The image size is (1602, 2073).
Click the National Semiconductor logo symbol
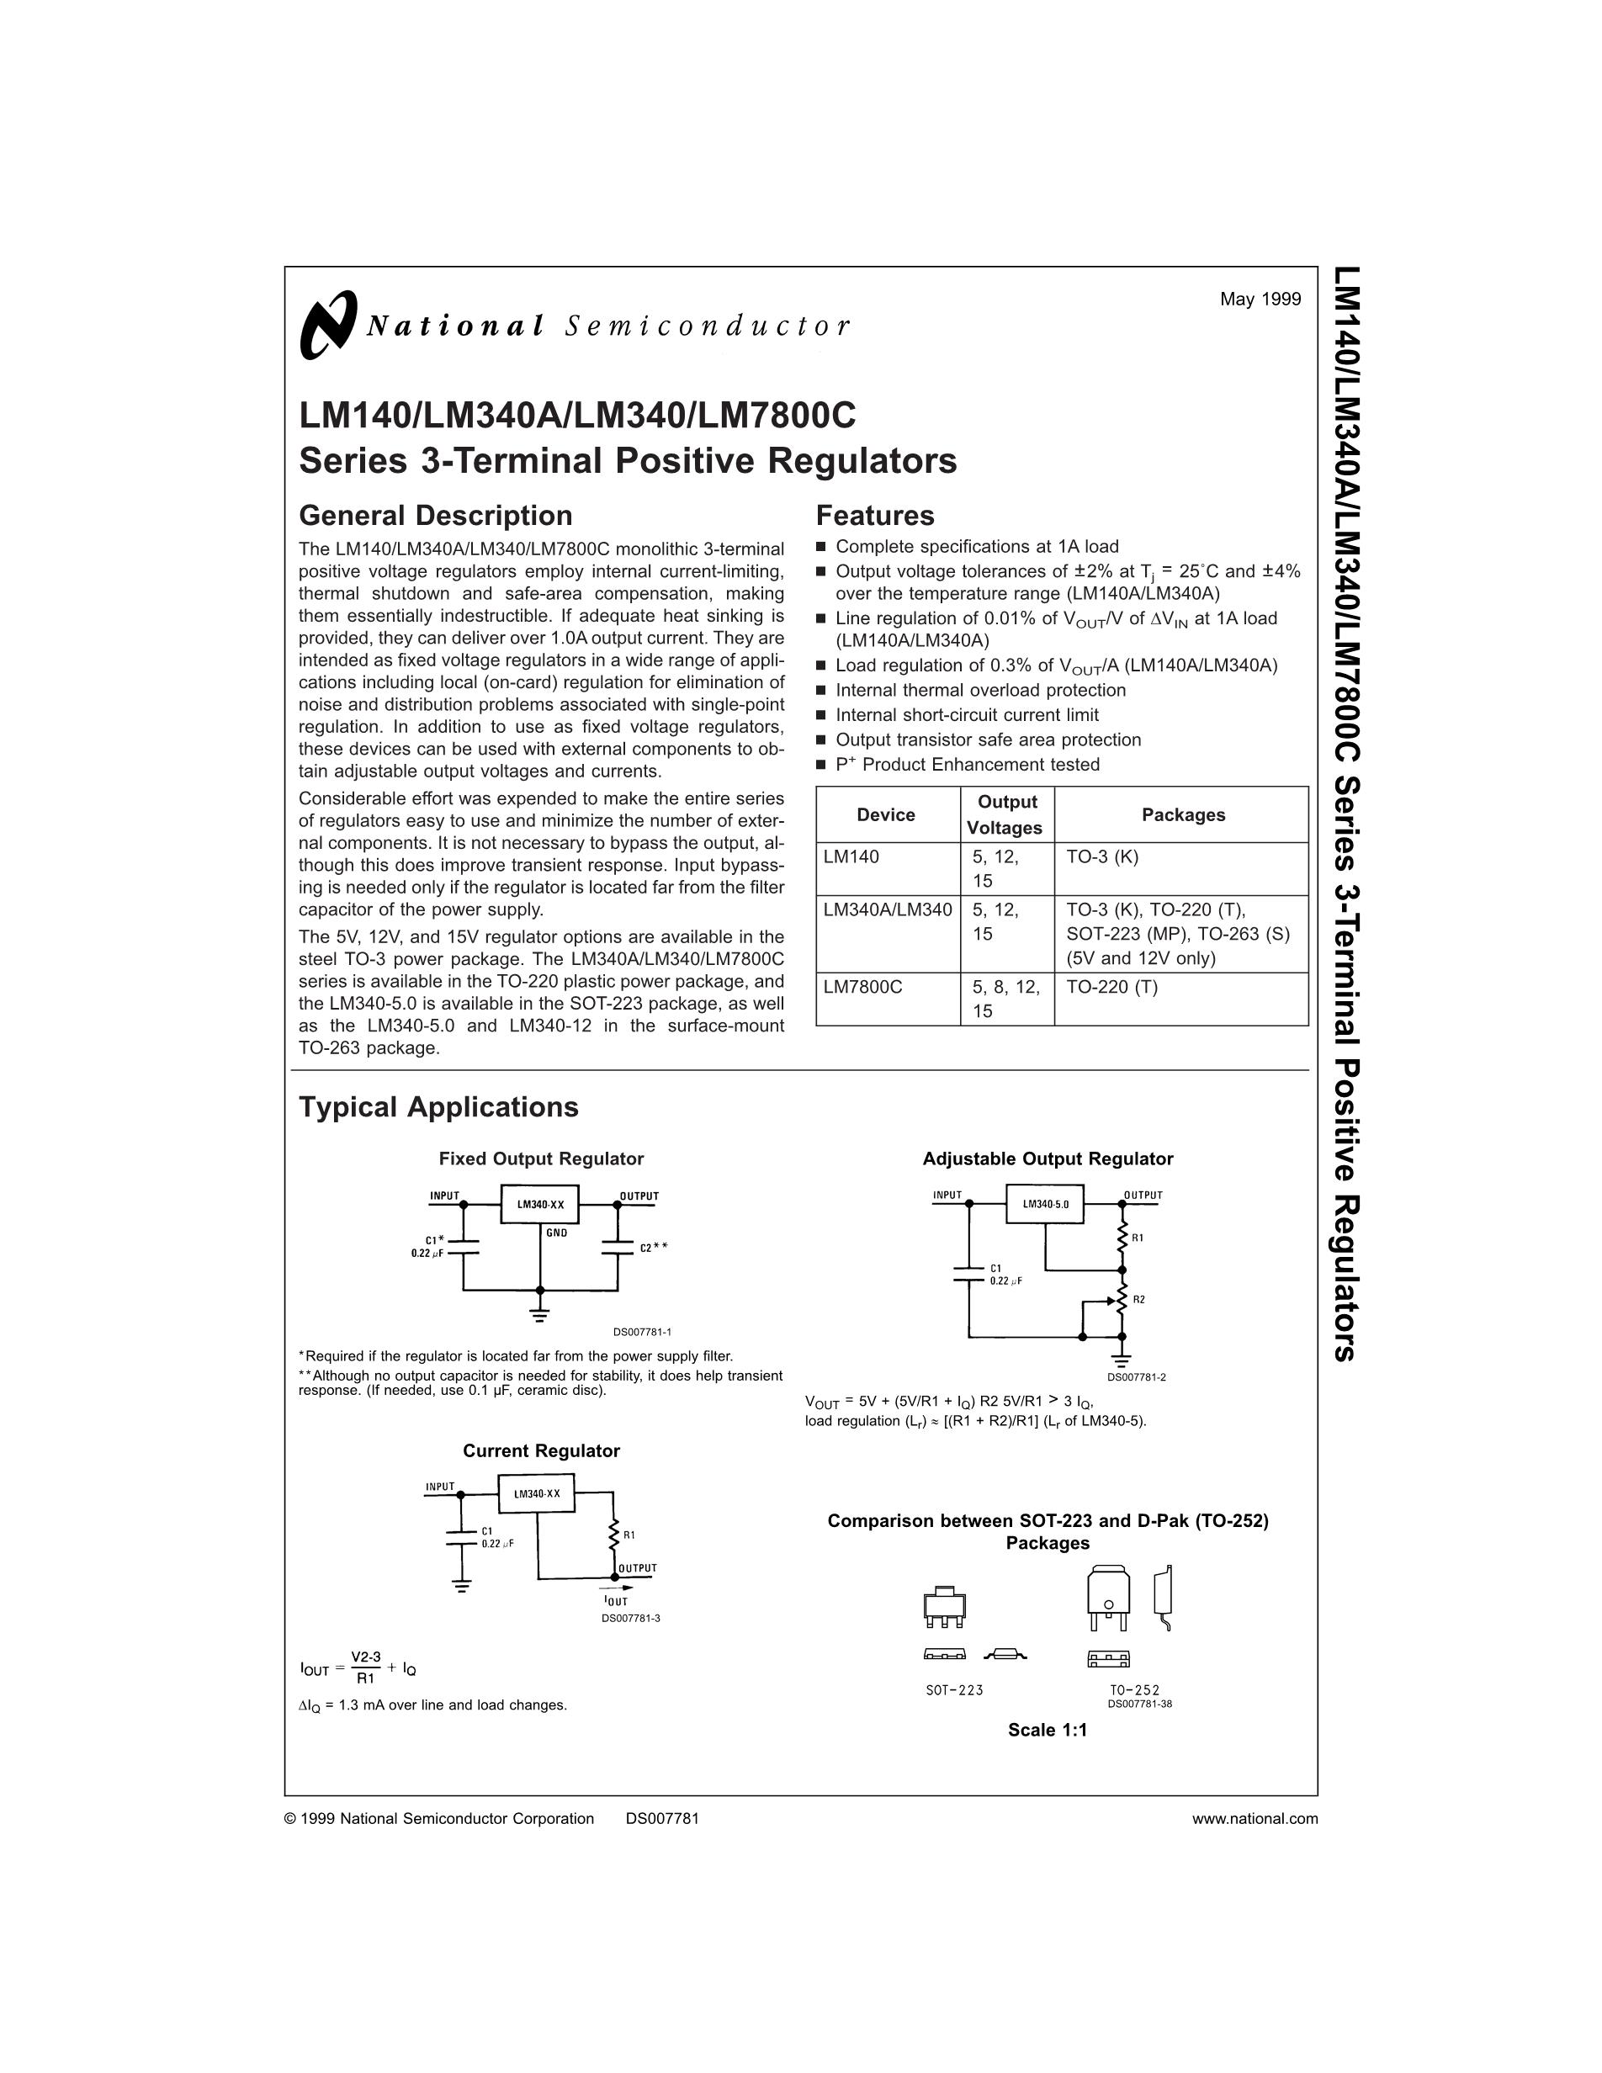point(327,325)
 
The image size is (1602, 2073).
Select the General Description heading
point(436,516)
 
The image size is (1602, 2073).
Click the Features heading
point(875,516)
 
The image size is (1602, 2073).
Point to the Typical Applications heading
point(438,1106)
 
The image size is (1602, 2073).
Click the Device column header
point(885,814)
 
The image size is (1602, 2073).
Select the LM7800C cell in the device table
point(862,987)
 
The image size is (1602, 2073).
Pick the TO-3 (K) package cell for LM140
point(1102,857)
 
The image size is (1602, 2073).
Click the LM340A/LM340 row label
point(888,910)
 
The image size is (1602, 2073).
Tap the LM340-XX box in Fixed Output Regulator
point(540,1205)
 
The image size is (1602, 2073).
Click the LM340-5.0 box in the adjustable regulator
point(1045,1205)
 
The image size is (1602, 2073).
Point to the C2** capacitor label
point(653,1247)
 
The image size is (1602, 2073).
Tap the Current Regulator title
point(541,1450)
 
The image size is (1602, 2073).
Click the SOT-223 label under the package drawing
point(954,1690)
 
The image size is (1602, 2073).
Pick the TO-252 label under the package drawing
point(1134,1690)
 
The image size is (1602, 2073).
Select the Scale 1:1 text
point(1047,1730)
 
